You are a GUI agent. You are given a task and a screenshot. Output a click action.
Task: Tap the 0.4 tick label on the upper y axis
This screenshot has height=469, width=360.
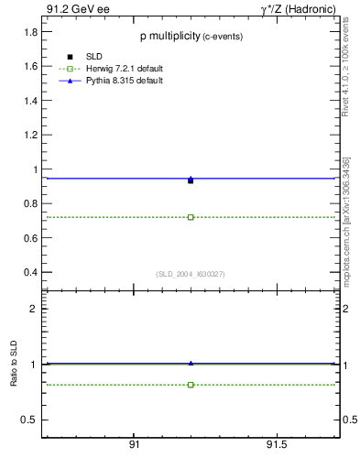click(30, 273)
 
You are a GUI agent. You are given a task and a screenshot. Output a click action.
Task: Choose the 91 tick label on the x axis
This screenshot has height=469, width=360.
click(134, 444)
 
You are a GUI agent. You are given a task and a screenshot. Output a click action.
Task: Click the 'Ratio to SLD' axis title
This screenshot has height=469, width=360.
click(14, 365)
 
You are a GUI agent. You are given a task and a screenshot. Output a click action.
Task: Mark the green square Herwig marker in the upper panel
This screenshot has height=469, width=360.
click(191, 217)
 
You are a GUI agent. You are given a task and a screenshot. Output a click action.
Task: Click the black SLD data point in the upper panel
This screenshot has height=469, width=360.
click(191, 180)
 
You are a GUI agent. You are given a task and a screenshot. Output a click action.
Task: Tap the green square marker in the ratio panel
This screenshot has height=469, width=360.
click(191, 385)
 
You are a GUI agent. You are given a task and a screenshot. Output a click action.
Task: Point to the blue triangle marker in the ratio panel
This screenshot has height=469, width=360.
click(191, 363)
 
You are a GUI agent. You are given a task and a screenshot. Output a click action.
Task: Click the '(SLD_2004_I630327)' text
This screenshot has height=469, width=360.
click(191, 274)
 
